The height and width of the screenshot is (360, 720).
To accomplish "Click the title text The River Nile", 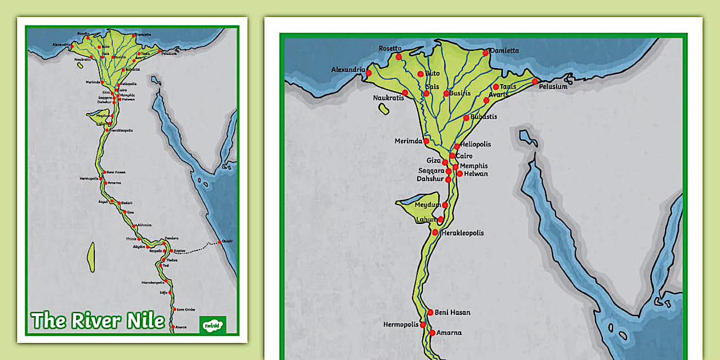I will click(x=98, y=321).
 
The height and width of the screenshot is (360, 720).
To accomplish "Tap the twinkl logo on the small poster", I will click(x=213, y=325).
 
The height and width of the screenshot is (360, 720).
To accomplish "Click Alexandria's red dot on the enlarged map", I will click(x=369, y=73).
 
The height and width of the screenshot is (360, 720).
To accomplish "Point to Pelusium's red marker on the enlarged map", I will click(x=535, y=81).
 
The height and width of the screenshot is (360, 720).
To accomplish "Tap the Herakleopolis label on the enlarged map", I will click(x=463, y=233).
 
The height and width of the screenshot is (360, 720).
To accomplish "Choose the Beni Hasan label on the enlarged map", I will click(x=453, y=313).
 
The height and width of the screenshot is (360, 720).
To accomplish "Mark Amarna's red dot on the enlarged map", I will click(x=432, y=333).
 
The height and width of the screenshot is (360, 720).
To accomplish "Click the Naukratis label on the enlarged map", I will click(x=389, y=98).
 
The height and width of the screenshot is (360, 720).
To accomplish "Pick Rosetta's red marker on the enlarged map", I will click(x=398, y=57).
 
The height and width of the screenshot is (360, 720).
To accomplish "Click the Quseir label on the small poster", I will click(x=227, y=241).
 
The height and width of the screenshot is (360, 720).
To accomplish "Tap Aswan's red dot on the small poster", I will click(x=173, y=327).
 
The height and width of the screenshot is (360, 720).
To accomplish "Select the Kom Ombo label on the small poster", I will click(x=186, y=309).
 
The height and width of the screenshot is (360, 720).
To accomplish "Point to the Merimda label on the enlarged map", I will click(x=409, y=141).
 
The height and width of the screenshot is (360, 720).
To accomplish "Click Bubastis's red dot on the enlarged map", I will click(x=466, y=118).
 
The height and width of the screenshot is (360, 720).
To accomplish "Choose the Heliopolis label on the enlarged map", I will click(x=475, y=145).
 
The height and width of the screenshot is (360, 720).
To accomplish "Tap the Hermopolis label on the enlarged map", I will click(x=401, y=325).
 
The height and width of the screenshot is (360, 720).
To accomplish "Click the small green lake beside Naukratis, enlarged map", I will click(x=383, y=109).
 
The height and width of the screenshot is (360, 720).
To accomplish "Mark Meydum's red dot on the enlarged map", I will click(x=445, y=205).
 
